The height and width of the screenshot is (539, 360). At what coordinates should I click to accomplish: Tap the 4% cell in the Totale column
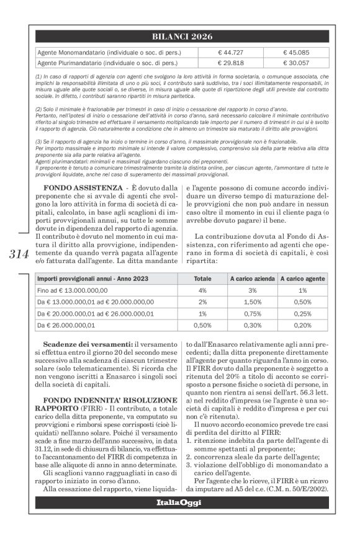[x=202, y=290]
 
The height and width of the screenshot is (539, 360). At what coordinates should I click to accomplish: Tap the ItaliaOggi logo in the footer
[x=179, y=502]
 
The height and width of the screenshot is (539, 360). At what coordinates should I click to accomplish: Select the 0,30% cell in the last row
[x=251, y=324]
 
